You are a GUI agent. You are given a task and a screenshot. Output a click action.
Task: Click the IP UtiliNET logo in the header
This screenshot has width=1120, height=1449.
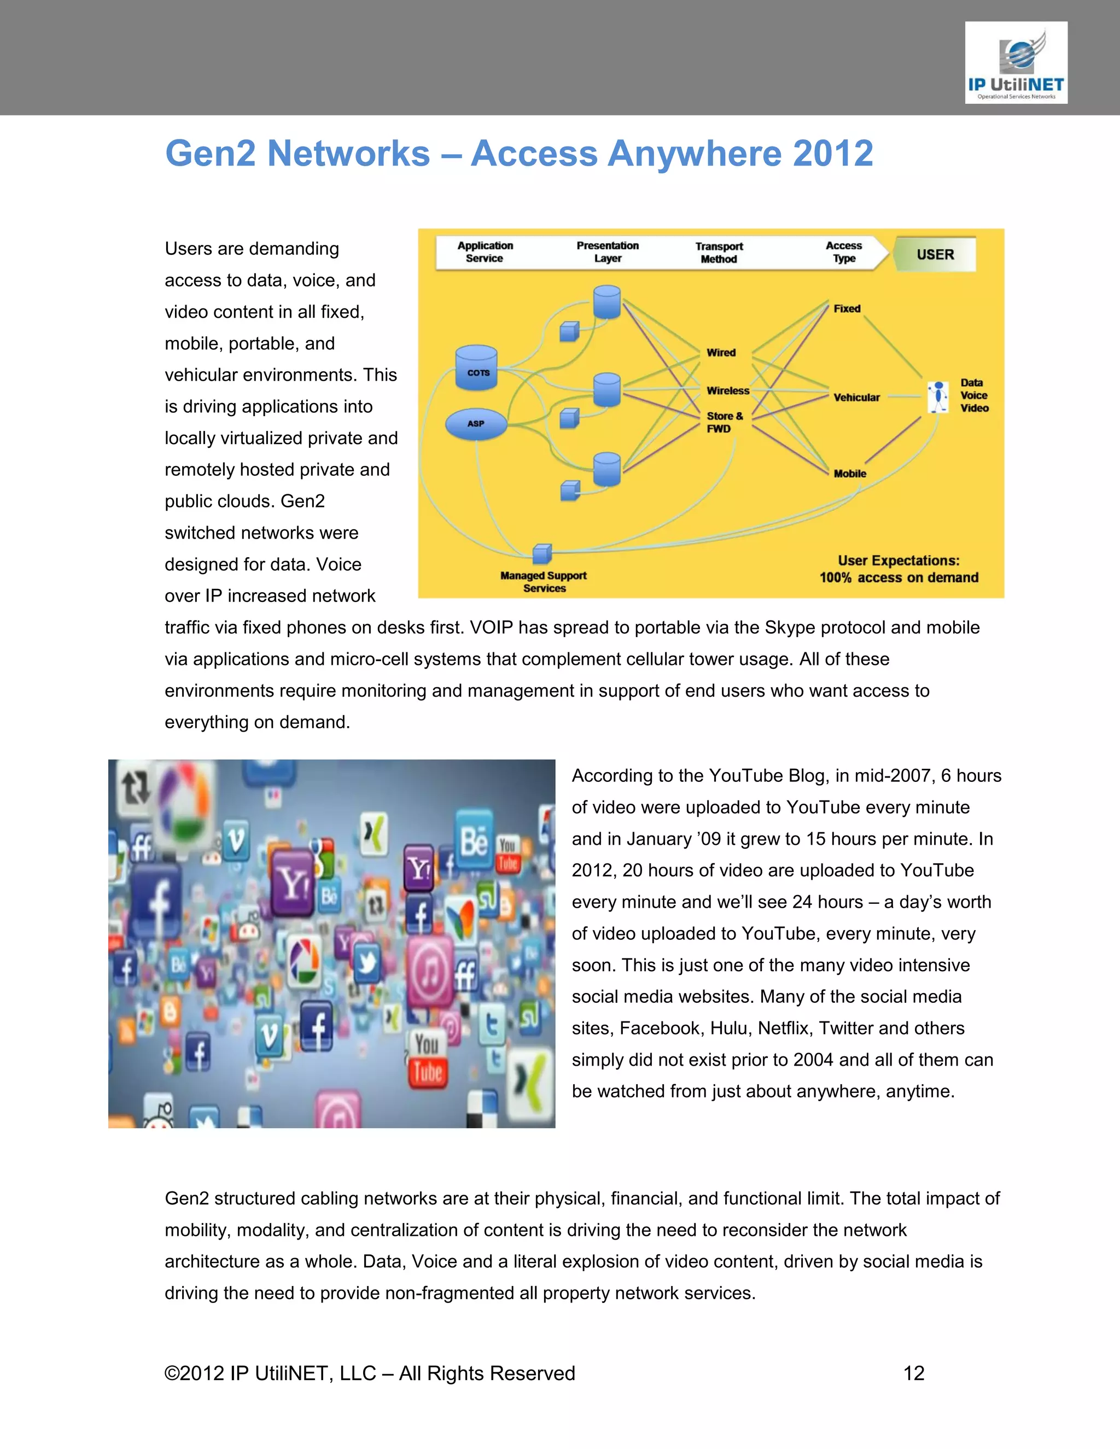[1016, 63]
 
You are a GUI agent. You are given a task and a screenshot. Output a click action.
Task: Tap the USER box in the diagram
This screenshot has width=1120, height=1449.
[935, 254]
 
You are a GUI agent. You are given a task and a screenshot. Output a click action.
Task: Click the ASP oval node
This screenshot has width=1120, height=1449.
[476, 423]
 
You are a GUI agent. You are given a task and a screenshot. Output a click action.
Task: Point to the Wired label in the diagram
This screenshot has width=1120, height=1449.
[721, 352]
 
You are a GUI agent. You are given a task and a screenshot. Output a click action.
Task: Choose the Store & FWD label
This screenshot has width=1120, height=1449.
[724, 422]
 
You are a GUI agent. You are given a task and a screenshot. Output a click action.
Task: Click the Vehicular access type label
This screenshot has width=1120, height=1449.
[856, 398]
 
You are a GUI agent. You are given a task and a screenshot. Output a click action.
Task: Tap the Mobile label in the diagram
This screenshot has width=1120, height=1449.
[849, 473]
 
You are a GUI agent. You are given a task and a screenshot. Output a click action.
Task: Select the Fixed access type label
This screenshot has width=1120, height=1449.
[847, 308]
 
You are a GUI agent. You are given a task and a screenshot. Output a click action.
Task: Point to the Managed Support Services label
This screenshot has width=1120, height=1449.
[544, 581]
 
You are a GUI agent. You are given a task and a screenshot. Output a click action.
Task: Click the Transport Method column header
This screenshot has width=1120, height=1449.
[719, 252]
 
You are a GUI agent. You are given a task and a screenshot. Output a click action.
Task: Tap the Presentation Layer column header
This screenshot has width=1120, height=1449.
[607, 252]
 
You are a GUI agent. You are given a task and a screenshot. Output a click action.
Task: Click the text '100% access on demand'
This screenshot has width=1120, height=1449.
[899, 577]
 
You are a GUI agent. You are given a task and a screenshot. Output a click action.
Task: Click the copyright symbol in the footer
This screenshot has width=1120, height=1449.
[172, 1374]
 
